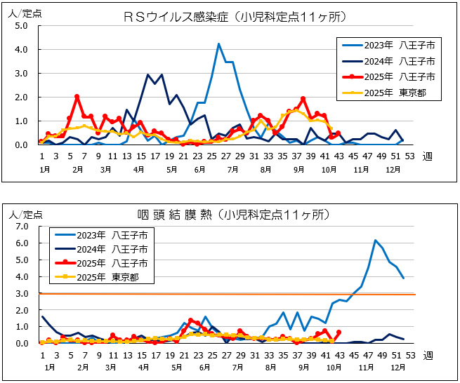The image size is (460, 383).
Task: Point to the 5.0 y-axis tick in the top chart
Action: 21,26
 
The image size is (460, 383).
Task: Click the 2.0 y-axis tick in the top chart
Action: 21,98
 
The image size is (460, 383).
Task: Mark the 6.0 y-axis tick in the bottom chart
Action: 21,243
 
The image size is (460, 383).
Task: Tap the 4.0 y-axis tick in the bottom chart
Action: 21,277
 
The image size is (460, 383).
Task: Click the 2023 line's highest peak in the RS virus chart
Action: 218,44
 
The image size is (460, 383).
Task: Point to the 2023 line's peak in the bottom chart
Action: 376,241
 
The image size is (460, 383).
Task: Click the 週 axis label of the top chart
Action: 427,158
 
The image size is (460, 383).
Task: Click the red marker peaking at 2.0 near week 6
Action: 77,97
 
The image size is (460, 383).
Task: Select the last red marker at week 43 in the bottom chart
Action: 339,332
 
